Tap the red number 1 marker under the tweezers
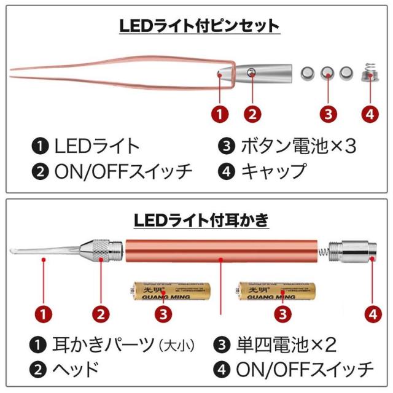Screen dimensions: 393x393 point(219,114)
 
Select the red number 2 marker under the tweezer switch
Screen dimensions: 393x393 point(252,114)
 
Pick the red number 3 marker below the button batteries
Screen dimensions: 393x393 point(330,114)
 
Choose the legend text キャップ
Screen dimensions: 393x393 point(273,171)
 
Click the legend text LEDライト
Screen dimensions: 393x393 point(97,146)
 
